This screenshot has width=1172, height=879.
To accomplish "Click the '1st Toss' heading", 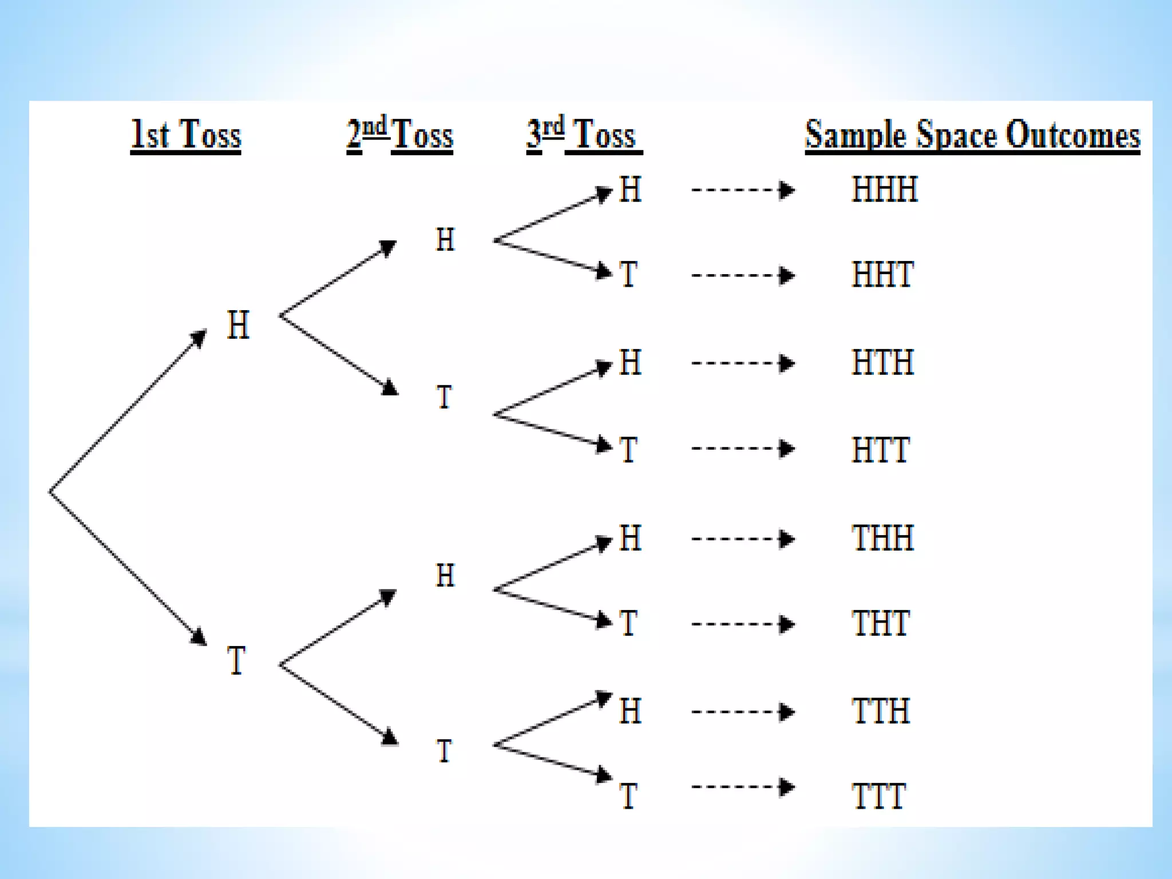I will (186, 135).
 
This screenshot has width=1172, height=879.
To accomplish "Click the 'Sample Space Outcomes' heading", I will (972, 135).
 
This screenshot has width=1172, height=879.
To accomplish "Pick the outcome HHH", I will (885, 189).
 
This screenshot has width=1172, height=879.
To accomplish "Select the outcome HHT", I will (882, 275).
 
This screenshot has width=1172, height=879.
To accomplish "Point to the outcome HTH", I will (882, 363).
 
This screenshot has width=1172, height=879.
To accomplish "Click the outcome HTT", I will (880, 450).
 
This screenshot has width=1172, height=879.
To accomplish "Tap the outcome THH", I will (882, 539).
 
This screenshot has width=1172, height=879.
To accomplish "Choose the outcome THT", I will (880, 624).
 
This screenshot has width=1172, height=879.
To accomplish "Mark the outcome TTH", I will (880, 711).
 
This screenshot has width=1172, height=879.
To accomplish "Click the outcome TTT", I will (878, 796).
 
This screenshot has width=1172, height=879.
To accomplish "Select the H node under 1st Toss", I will (238, 325).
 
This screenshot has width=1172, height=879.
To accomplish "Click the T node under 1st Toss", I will (236, 660).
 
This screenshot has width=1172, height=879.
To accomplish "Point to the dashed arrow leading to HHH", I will (743, 189).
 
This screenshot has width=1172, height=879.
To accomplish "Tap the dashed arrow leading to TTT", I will (743, 787).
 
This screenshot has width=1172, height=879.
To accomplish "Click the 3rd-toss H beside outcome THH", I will (630, 539).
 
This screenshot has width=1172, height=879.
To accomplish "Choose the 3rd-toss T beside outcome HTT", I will (628, 450).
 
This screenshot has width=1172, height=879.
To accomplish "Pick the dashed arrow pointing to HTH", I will (743, 363).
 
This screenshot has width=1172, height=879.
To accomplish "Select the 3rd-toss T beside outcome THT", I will (628, 624).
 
